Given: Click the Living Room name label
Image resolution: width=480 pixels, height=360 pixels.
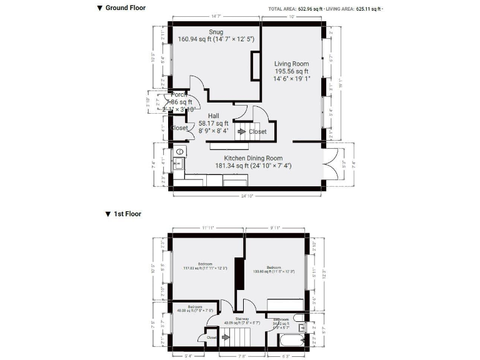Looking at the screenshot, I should pos(292,64).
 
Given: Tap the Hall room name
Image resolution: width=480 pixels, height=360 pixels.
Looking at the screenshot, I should pos(213,116).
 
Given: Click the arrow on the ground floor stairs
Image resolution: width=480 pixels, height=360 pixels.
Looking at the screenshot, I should pos(241,132).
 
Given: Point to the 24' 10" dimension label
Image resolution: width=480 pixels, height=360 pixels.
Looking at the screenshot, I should pos(248,196).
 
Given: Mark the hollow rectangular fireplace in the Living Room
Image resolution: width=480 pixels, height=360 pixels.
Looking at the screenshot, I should pos(256,65).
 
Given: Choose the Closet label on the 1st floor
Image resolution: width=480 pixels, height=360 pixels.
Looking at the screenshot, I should pos(211,337).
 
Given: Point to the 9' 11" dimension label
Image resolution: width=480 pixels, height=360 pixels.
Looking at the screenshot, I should pos(275,228).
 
